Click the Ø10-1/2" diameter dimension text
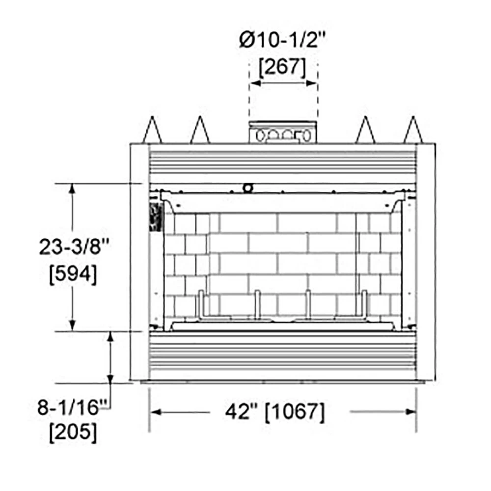tap(282, 40)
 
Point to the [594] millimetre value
tap(73, 274)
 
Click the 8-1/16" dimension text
tap(72, 408)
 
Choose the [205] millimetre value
tap(73, 433)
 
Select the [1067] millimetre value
tap(295, 411)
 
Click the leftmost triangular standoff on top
tap(153, 130)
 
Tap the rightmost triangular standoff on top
tap(413, 130)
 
